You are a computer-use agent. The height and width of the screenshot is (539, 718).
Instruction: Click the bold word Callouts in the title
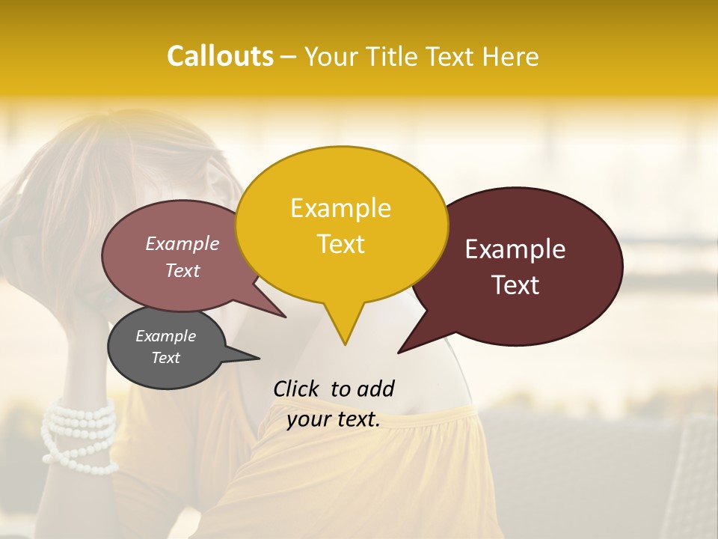pyautogui.click(x=220, y=56)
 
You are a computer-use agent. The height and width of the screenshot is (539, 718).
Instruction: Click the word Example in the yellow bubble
pyautogui.click(x=340, y=208)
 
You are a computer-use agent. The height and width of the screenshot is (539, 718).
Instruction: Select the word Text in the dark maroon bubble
pyautogui.click(x=515, y=285)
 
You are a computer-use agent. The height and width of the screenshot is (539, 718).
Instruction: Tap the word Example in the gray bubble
pyautogui.click(x=165, y=336)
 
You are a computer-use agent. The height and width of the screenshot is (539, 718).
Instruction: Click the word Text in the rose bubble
pyautogui.click(x=182, y=271)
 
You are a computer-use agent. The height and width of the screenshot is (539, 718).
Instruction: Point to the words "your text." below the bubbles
pyautogui.click(x=334, y=420)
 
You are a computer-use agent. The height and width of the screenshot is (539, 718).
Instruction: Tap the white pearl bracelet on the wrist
pyautogui.click(x=79, y=435)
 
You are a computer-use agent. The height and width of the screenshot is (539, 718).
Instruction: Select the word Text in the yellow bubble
pyautogui.click(x=340, y=244)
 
